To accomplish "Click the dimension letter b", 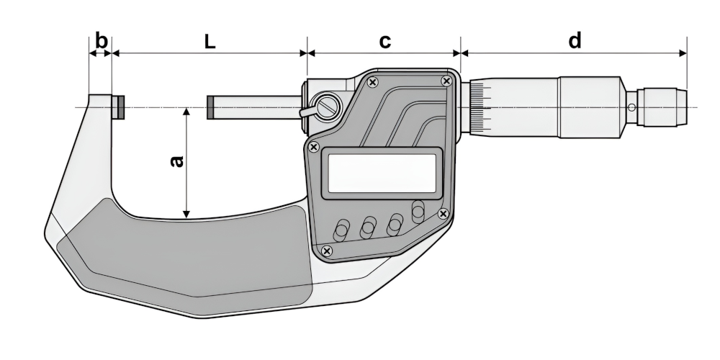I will (x=102, y=41).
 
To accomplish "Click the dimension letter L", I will (x=210, y=42).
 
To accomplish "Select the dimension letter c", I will (x=385, y=41).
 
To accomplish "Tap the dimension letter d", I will (x=575, y=41).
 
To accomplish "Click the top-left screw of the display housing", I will (x=372, y=82).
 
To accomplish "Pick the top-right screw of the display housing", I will (x=447, y=81).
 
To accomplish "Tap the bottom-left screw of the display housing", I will (x=327, y=250).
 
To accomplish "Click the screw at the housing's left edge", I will (x=313, y=147).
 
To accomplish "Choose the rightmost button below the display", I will (x=418, y=212).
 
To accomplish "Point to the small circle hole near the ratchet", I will (x=631, y=107).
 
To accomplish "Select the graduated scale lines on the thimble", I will (x=480, y=107).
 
